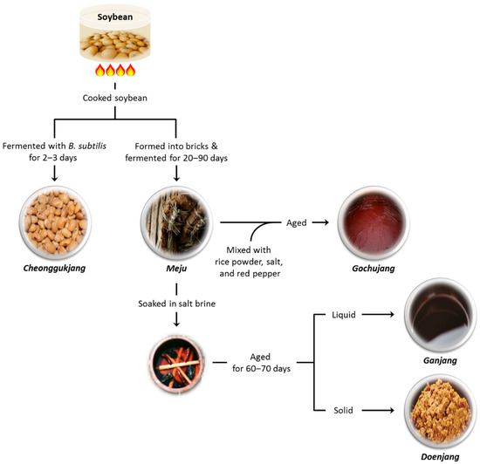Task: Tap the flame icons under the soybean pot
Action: (x=118, y=71)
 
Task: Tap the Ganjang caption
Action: (x=442, y=360)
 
